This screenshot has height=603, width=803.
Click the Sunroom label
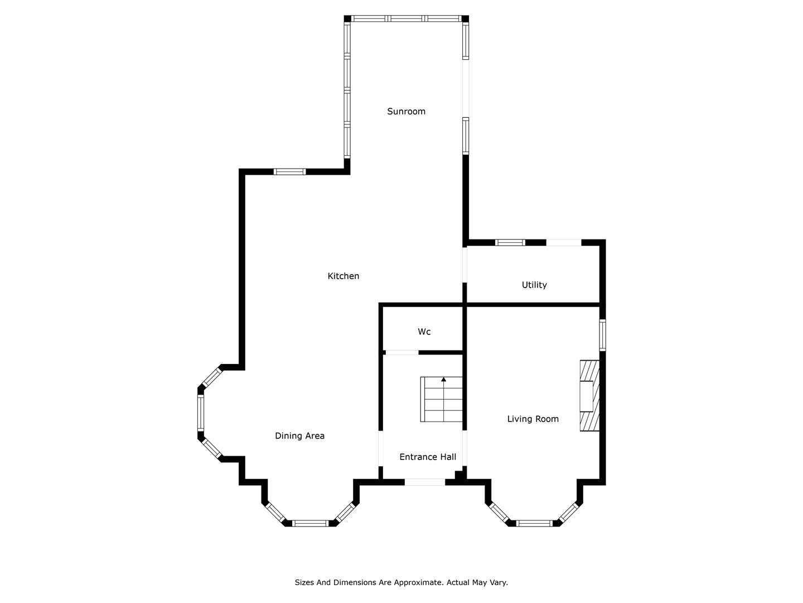[x=406, y=111]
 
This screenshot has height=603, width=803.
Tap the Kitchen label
[x=343, y=276]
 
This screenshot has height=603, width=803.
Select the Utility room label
[x=534, y=285]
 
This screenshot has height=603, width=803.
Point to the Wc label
[x=424, y=332]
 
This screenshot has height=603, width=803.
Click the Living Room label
[x=533, y=419]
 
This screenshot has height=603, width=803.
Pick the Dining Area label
[x=299, y=435]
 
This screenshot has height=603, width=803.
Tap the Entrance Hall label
[x=428, y=457]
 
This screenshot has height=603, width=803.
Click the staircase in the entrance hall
[x=442, y=399]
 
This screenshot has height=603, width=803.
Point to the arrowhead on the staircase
[x=444, y=379]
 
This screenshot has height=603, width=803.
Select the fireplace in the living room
[x=589, y=396]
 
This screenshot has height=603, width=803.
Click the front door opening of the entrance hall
[x=425, y=482]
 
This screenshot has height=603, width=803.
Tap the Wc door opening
[x=401, y=352]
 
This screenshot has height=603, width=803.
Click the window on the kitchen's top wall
[x=290, y=172]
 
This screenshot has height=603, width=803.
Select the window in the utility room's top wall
[x=510, y=242]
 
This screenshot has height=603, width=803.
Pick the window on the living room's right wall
[x=602, y=335]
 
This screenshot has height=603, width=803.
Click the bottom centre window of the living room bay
[x=534, y=523]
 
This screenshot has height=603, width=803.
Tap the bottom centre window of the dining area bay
[x=310, y=523]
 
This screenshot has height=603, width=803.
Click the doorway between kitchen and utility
[x=465, y=265]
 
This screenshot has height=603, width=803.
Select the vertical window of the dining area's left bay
[x=201, y=413]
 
